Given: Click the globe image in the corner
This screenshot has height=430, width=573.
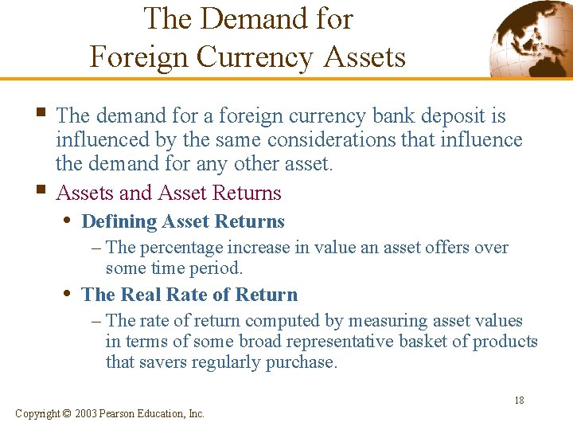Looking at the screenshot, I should click(x=529, y=37).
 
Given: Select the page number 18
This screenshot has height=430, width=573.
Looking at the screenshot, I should click(x=519, y=401).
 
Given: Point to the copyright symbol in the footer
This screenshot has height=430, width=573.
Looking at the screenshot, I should click(x=67, y=413).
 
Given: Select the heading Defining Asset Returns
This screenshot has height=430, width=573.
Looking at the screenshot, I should click(x=183, y=221).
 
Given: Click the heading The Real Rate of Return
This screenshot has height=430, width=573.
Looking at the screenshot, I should click(x=189, y=295).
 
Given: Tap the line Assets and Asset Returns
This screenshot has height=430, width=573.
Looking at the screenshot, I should click(x=169, y=193).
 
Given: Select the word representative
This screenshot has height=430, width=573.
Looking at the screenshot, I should click(x=353, y=342).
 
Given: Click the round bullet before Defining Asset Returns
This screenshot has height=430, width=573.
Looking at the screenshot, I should click(x=68, y=221).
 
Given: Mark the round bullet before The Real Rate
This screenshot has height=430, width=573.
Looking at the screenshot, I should click(x=68, y=294).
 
